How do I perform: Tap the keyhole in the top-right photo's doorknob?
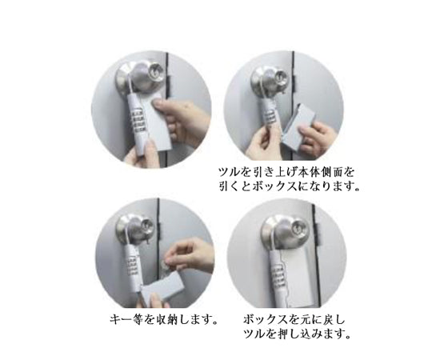click(281, 76)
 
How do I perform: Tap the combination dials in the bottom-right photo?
click(278, 278)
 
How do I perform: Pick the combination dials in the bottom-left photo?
click(134, 262)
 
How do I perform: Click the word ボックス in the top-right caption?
click(274, 187)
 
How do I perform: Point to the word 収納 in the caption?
click(168, 320)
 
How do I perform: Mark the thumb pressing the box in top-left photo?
click(159, 105)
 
